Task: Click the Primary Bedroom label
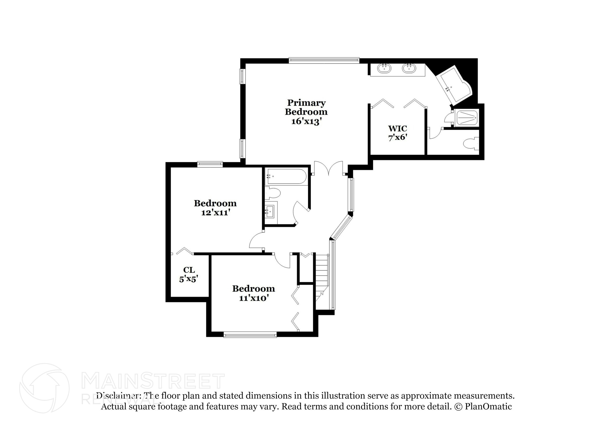click(x=306, y=107)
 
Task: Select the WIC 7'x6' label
click(x=397, y=133)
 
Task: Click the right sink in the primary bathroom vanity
click(x=408, y=68)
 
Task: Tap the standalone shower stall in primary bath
click(x=467, y=118)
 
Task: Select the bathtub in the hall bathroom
click(x=285, y=176)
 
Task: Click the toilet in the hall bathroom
click(x=273, y=193)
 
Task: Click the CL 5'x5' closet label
click(x=189, y=274)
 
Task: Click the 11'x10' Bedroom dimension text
click(x=253, y=298)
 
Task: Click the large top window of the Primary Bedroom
click(x=324, y=60)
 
